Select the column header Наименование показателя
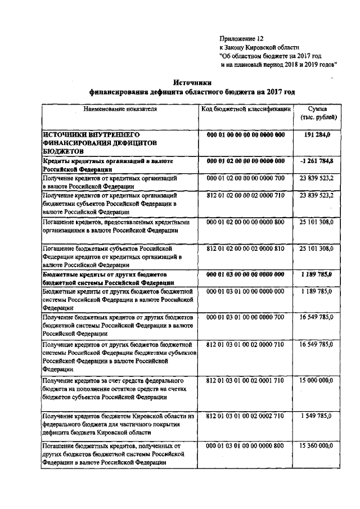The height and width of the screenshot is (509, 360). click(120, 108)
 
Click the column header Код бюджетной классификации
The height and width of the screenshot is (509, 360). click(246, 108)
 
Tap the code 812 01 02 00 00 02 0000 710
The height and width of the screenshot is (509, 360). click(246, 195)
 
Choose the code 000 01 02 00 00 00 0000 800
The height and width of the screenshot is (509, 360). click(246, 223)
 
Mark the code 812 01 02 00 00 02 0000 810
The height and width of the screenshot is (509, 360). click(246, 248)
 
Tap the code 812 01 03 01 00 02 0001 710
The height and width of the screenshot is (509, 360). click(246, 381)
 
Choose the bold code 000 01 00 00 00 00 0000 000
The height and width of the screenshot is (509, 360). click(246, 136)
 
